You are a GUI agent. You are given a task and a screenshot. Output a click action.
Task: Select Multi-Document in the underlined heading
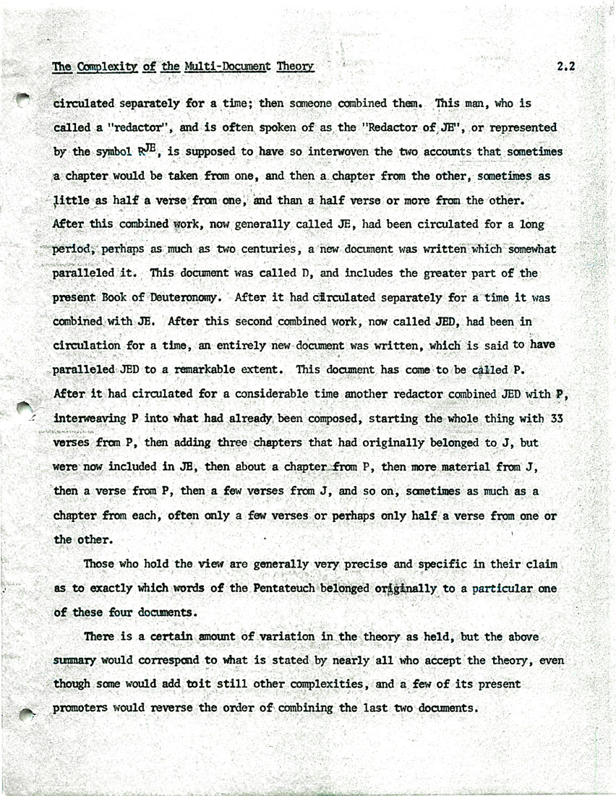click(x=227, y=67)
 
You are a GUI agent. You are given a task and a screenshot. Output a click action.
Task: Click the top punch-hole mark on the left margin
click(x=23, y=100)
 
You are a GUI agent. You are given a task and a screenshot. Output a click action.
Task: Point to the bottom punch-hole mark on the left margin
click(x=26, y=714)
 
